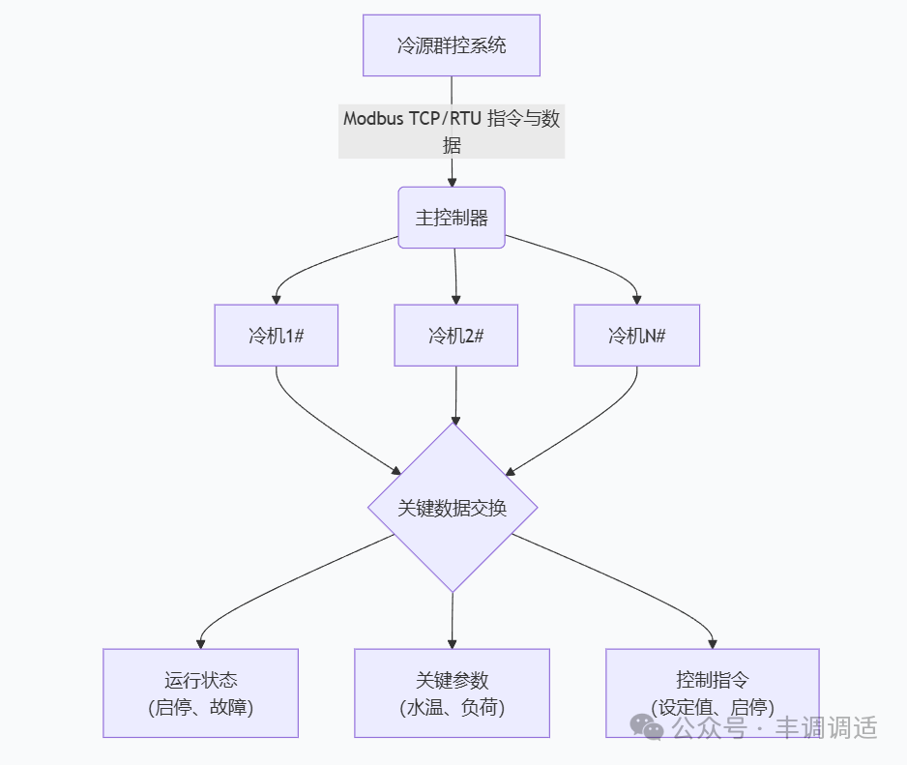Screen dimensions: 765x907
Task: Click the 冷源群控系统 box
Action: click(452, 45)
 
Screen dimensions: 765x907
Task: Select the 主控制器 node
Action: click(452, 218)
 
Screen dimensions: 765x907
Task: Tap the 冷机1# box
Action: click(277, 336)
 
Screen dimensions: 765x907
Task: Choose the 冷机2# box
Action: click(455, 336)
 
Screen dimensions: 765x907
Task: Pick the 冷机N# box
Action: click(636, 336)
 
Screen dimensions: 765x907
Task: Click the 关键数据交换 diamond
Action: click(453, 508)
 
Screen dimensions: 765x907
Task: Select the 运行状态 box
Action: click(200, 693)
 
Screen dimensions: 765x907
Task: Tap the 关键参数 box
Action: click(452, 693)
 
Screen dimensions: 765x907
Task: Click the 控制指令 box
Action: click(712, 691)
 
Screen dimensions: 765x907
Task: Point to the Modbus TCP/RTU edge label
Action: click(452, 132)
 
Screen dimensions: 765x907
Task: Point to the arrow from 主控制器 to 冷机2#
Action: click(454, 276)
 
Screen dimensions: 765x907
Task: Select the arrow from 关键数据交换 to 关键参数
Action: click(453, 619)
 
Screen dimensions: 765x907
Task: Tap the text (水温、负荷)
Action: click(452, 708)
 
